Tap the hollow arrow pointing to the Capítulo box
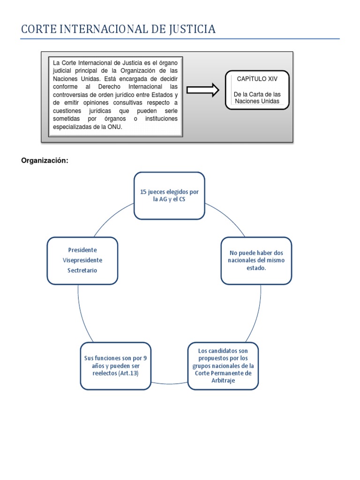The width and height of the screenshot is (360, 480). [202, 90]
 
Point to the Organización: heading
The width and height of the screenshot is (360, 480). [45, 161]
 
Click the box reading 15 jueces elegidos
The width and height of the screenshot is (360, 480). [169, 195]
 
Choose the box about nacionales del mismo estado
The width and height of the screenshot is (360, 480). [256, 260]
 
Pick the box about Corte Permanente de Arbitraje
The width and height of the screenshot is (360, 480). [223, 366]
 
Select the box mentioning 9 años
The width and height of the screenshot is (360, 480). [115, 366]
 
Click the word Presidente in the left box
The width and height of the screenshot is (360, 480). [82, 250]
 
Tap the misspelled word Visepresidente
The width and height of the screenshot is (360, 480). [82, 260]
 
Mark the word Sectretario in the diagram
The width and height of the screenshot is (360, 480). [82, 270]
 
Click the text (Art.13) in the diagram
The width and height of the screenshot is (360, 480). [128, 373]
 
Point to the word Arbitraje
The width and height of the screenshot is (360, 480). [223, 381]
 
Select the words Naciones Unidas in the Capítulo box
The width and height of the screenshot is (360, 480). [256, 101]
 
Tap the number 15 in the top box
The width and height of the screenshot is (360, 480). [144, 192]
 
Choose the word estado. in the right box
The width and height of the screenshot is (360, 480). [256, 268]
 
